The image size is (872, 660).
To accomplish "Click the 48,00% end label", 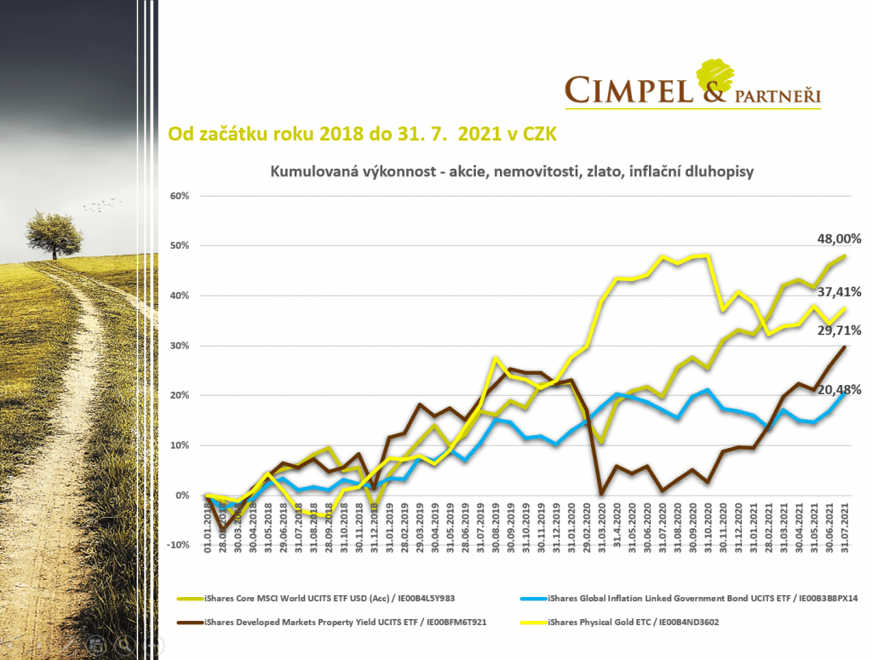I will (839, 239).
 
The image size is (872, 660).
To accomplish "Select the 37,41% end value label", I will (839, 292).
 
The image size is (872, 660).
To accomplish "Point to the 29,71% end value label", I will (839, 330).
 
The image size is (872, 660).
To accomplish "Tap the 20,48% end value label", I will (839, 389).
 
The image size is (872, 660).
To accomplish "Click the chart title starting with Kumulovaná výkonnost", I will (512, 171).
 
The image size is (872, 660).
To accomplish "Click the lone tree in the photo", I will (54, 232).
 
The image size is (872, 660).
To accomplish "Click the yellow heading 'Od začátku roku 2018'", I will (363, 134).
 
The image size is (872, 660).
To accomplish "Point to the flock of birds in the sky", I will (100, 204).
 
